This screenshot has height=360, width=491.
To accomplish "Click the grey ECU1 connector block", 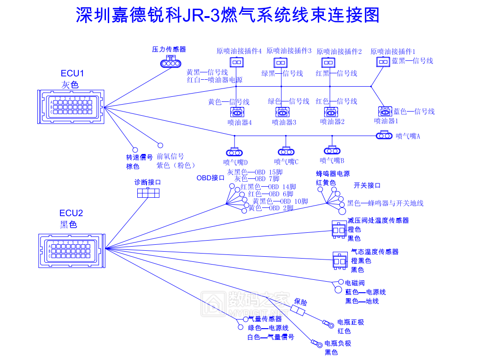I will pyautogui.click(x=70, y=106).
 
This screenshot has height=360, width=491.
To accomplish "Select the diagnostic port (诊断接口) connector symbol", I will pyautogui.click(x=148, y=193).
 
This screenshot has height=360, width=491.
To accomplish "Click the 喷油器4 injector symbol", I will pyautogui.click(x=237, y=112).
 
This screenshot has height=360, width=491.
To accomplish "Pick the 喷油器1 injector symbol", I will pyautogui.click(x=385, y=111).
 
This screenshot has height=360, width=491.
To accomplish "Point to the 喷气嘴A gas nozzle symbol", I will pyautogui.click(x=384, y=136).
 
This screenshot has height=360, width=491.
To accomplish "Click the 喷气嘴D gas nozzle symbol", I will pyautogui.click(x=234, y=152).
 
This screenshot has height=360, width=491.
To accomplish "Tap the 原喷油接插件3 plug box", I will pyautogui.click(x=281, y=62).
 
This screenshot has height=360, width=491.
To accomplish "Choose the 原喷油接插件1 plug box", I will pyautogui.click(x=383, y=62).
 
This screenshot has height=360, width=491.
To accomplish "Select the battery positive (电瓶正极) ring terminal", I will pyautogui.click(x=329, y=324).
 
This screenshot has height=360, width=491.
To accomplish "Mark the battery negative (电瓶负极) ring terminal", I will pyautogui.click(x=316, y=343).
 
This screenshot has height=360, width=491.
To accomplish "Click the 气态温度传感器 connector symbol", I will pyautogui.click(x=339, y=260).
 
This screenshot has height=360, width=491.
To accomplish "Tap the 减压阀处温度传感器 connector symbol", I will pyautogui.click(x=339, y=229).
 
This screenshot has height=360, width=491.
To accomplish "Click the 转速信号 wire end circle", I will pyautogui.click(x=135, y=149).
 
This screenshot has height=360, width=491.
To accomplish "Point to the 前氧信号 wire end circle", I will pyautogui.click(x=160, y=145).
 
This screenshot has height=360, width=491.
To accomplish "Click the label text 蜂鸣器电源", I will pyautogui.click(x=333, y=174).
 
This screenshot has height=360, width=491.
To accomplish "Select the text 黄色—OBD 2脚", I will pyautogui.click(x=271, y=208).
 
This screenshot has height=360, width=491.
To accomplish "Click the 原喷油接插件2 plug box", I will pyautogui.click(x=328, y=62).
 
